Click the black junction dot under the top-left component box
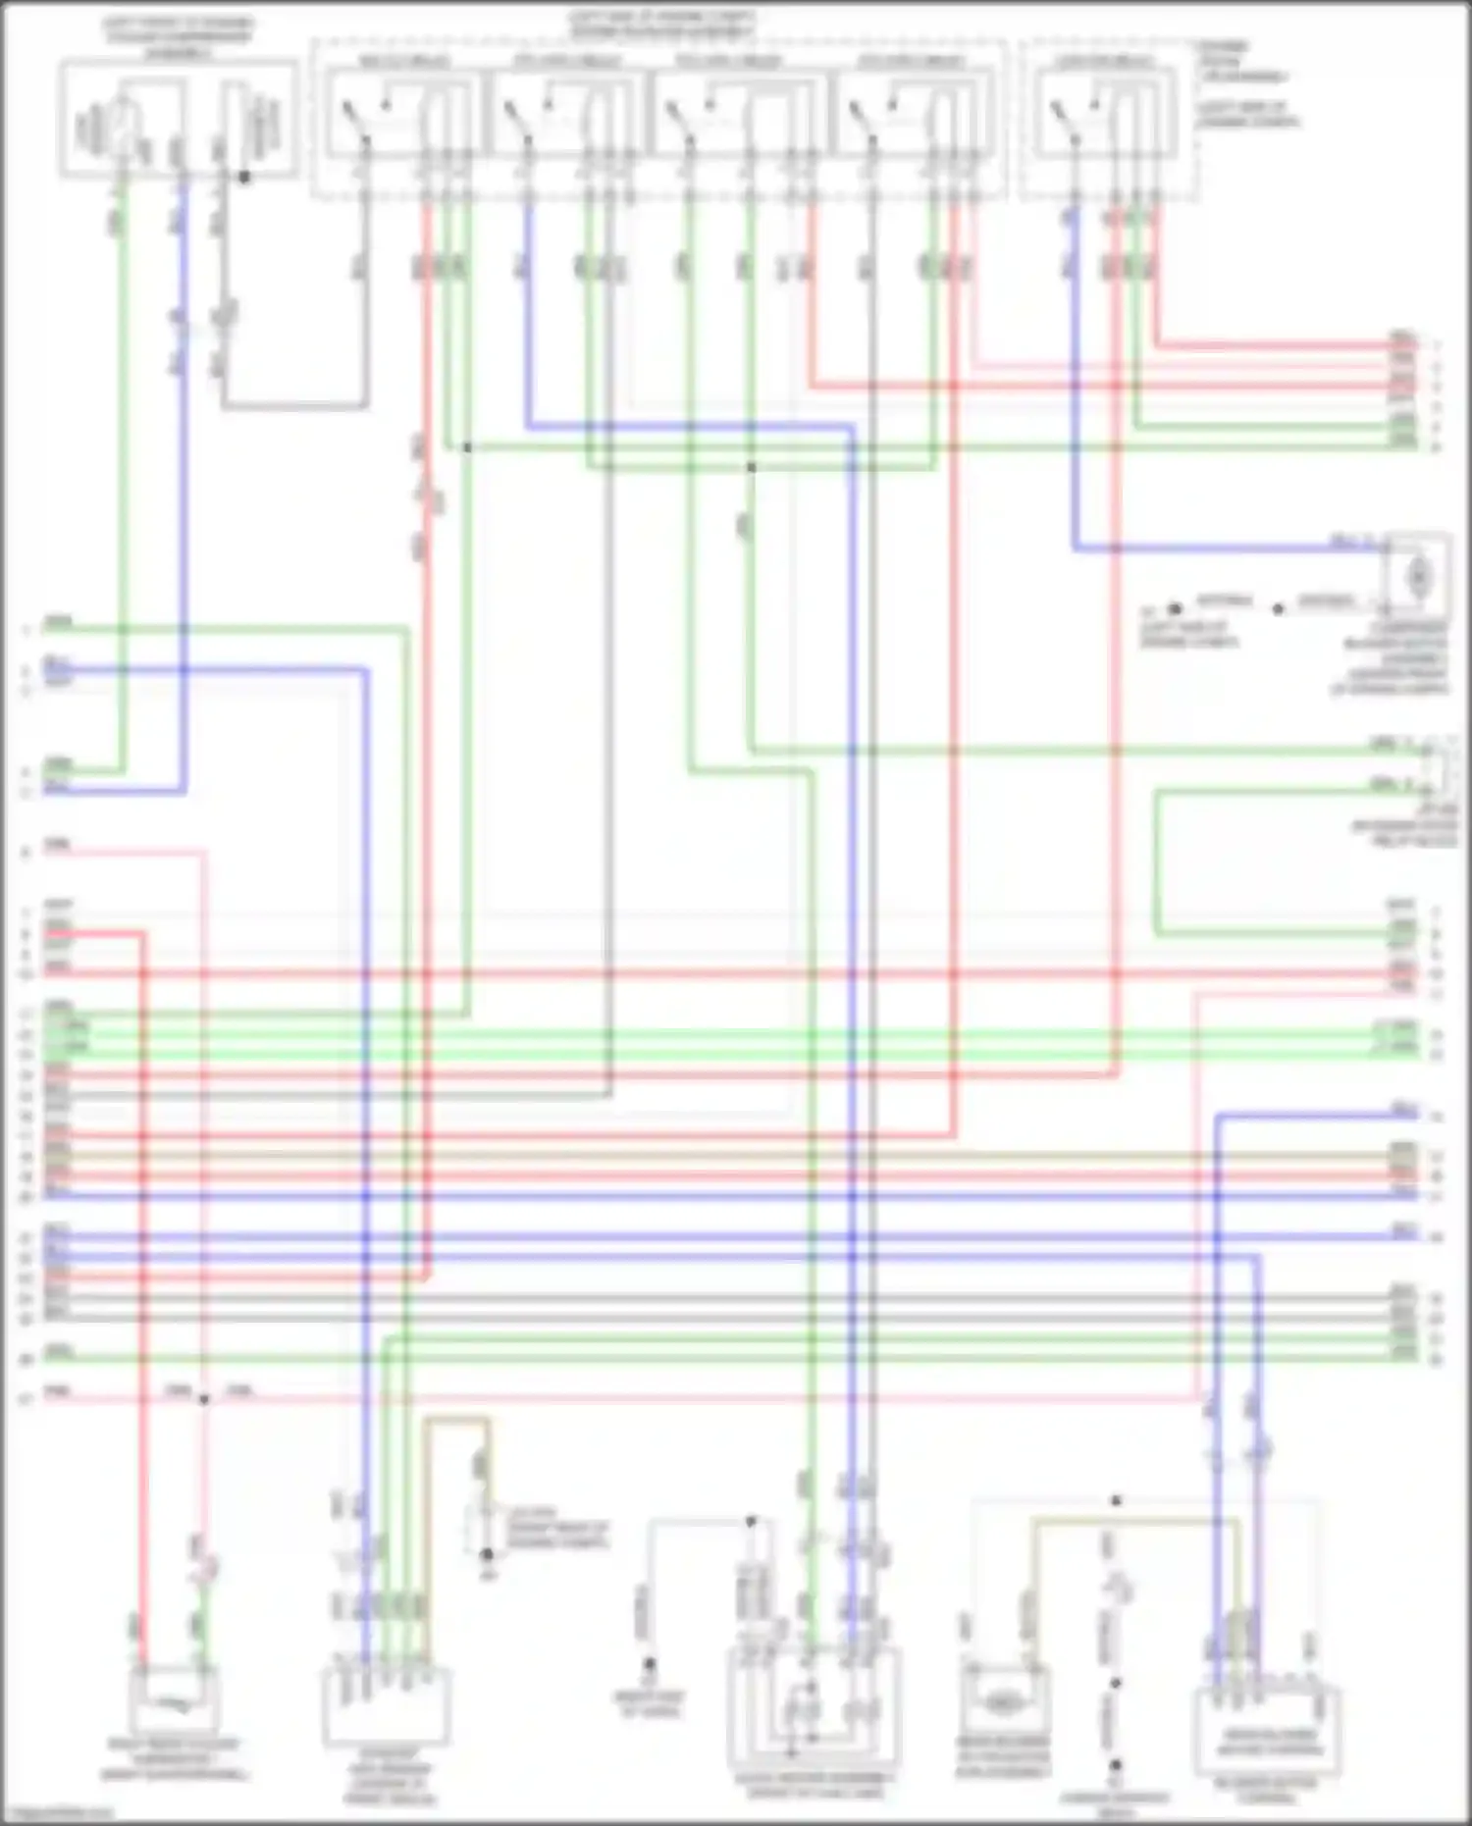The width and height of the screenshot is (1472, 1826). click(244, 178)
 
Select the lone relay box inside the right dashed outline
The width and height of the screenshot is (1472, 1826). click(1104, 114)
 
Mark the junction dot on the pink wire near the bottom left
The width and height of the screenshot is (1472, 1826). click(204, 1398)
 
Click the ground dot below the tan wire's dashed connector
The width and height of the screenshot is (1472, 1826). click(487, 1554)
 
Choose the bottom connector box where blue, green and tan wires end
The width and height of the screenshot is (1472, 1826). click(386, 1705)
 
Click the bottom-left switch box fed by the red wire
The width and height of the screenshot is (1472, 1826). click(174, 1699)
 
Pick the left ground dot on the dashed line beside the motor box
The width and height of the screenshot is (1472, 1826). click(1175, 609)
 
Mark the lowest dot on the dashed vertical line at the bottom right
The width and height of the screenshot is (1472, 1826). click(1116, 1765)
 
